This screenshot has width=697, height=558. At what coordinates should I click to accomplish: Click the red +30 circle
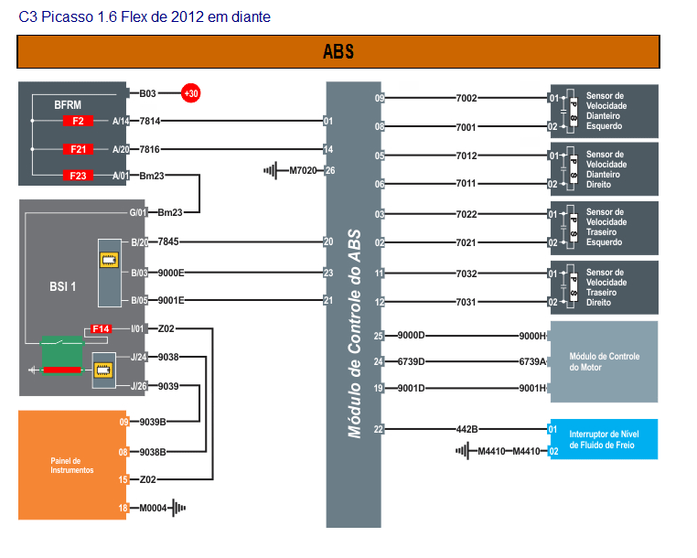point(191,93)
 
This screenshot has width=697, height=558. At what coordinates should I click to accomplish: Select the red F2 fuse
point(78,121)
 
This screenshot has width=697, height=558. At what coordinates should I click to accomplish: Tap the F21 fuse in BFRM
point(78,149)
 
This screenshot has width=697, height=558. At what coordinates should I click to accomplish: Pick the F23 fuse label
point(78,176)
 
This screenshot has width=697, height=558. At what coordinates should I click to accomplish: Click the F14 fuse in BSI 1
point(101,328)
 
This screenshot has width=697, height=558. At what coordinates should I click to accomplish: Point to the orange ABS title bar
point(338,52)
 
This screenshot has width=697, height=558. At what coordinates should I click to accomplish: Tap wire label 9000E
point(170,273)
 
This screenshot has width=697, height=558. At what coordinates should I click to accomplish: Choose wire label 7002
point(466,98)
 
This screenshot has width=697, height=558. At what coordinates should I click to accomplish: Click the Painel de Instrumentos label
point(72,465)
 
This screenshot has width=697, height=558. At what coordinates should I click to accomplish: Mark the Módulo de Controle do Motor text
point(605,361)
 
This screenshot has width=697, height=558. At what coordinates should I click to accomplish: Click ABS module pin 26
point(330,170)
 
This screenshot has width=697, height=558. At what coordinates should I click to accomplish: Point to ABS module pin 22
point(378,428)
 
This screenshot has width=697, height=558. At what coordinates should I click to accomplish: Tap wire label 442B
point(467,428)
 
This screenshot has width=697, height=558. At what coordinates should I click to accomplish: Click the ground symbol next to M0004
point(178,508)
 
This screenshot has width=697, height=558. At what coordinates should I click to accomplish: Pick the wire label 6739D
point(410,361)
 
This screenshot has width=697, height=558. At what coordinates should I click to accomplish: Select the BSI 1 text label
point(62,285)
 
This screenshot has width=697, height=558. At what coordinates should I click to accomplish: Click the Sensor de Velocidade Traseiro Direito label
point(606,287)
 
